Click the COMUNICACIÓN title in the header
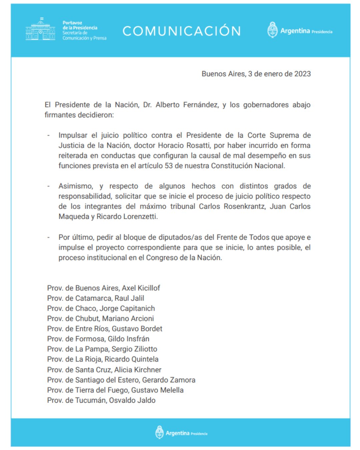click(x=182, y=31)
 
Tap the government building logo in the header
click(x=40, y=30)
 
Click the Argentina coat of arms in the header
click(x=272, y=30)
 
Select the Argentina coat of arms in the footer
click(x=160, y=432)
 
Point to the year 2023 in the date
click(x=302, y=74)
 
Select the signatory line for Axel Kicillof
click(x=103, y=288)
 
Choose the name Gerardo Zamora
click(x=169, y=380)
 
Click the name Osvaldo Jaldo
click(x=133, y=400)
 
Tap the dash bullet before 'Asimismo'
click(x=49, y=186)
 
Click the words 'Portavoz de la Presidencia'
click(x=80, y=25)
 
